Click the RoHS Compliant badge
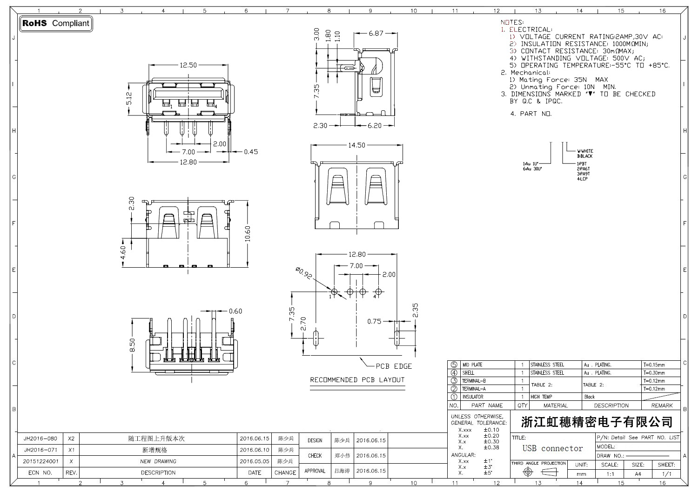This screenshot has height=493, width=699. coord(56,23)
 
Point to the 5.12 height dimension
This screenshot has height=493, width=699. coord(129,98)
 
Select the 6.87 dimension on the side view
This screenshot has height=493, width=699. coord(376,33)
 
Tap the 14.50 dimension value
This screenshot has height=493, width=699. coord(356,145)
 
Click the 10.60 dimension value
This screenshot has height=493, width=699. coord(248,234)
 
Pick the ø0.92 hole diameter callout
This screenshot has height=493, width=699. coord(303,273)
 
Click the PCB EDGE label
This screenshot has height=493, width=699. coord(394,366)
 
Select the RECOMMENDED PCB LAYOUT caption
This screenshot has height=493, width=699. coord(357,380)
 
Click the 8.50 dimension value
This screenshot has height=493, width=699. coord(133,345)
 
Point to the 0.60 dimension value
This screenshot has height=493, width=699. coord(235,311)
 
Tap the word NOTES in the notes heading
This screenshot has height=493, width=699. coord(511,22)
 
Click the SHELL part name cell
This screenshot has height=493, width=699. coord(468,373)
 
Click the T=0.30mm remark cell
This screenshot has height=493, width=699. coord(654,373)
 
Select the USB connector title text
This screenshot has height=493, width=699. coord(552,448)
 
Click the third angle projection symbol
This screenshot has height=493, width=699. coord(538,472)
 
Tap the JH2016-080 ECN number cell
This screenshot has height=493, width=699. coord(40,439)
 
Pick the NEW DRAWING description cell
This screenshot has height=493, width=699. coord(158,461)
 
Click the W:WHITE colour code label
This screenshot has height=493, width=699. coord(585,151)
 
